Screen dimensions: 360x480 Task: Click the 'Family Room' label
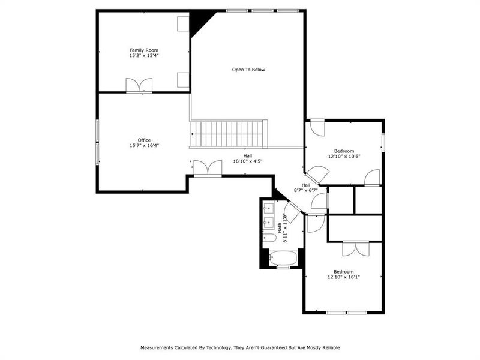143,50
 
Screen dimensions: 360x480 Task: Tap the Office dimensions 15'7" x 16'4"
143,145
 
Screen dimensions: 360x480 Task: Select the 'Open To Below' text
248,70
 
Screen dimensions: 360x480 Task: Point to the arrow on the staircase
193,134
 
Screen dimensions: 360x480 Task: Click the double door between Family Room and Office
139,86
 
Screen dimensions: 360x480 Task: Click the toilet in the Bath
270,238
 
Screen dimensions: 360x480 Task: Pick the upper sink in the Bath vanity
268,208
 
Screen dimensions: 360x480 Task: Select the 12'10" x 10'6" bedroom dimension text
344,156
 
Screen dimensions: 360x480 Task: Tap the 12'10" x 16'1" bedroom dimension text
344,277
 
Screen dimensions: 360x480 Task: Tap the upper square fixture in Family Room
183,23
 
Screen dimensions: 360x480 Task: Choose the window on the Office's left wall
98,141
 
